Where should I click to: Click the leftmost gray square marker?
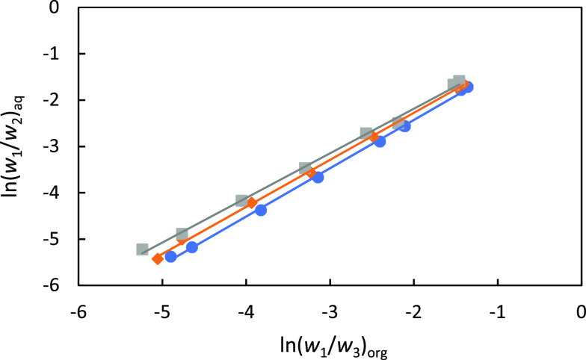(143, 249)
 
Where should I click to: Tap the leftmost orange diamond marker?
(158, 259)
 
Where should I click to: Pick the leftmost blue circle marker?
(170, 257)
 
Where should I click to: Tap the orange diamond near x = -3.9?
(252, 203)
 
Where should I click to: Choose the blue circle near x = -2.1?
(404, 126)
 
